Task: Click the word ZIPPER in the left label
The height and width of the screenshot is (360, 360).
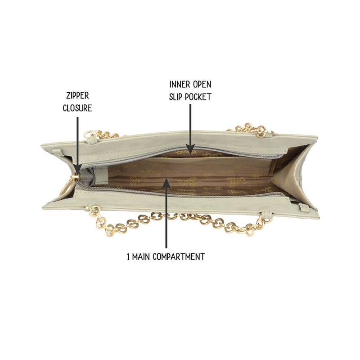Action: coord(77,95)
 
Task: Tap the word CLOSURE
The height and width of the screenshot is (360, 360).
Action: coord(77,108)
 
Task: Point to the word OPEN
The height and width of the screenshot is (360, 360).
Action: coord(202,85)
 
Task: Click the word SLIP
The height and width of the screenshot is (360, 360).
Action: coord(175,97)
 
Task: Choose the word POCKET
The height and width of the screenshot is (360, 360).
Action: coord(198,97)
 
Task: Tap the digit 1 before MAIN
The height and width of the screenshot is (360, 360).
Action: coord(128,256)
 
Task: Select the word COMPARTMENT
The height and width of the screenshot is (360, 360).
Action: coord(179,256)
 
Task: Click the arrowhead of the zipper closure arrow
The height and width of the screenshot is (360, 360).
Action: coord(77,169)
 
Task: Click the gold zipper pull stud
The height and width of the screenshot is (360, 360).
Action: coord(75,177)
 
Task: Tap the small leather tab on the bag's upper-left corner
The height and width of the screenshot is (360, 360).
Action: coord(57,152)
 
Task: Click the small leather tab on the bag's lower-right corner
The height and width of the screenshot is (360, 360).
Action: coord(303,208)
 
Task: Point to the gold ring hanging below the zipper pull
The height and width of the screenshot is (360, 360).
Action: coord(65,187)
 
